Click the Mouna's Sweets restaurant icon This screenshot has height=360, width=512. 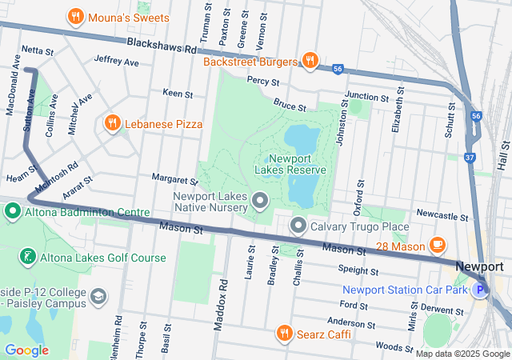76,16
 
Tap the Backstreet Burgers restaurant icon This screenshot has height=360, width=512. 310,60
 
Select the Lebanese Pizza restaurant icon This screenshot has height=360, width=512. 112,124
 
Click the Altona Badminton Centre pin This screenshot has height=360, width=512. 13,212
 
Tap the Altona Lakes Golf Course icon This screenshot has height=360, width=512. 27,258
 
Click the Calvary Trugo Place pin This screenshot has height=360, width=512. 298,226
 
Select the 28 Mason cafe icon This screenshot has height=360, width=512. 437,244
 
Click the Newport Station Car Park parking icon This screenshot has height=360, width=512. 479,290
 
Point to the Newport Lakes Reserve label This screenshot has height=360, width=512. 290,164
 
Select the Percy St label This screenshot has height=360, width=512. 262,81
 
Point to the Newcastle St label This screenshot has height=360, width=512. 442,216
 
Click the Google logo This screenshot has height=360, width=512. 26,350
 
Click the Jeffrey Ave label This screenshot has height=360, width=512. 116,61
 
